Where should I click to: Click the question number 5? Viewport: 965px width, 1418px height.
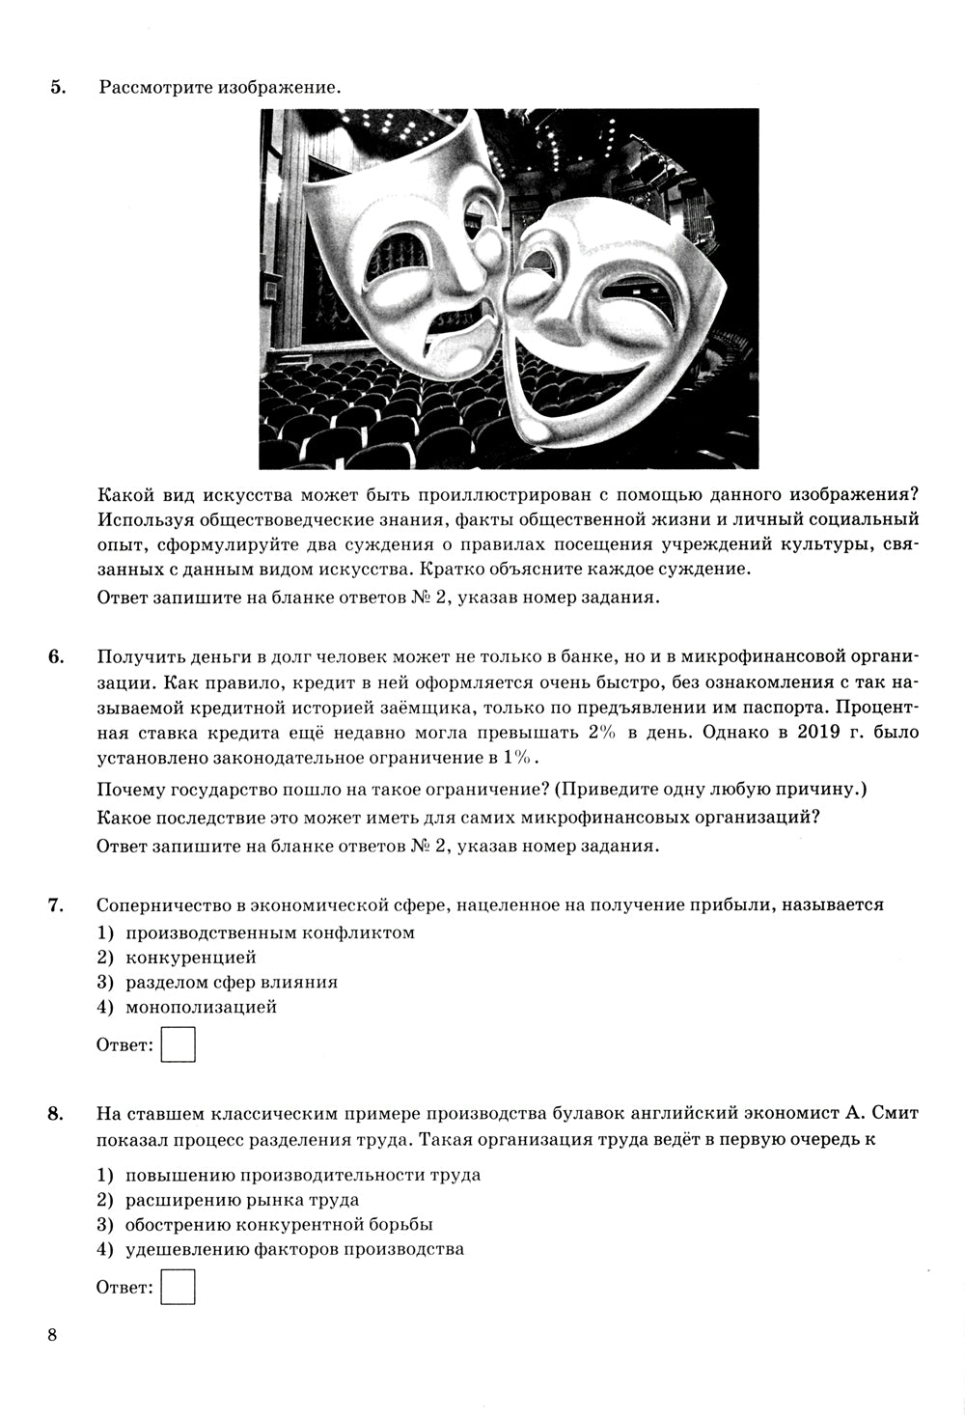[57, 88]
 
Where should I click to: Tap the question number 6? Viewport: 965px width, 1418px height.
[56, 657]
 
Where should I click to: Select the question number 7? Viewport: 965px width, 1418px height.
[56, 904]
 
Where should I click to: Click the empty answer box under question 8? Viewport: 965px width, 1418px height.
[179, 1288]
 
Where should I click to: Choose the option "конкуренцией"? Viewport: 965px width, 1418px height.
[190, 958]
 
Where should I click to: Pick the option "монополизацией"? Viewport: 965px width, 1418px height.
[201, 1007]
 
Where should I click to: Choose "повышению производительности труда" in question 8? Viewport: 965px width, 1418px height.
[302, 1175]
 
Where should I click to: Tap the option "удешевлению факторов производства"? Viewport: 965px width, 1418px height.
[294, 1249]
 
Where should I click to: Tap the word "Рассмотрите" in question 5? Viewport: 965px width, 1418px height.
[154, 88]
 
